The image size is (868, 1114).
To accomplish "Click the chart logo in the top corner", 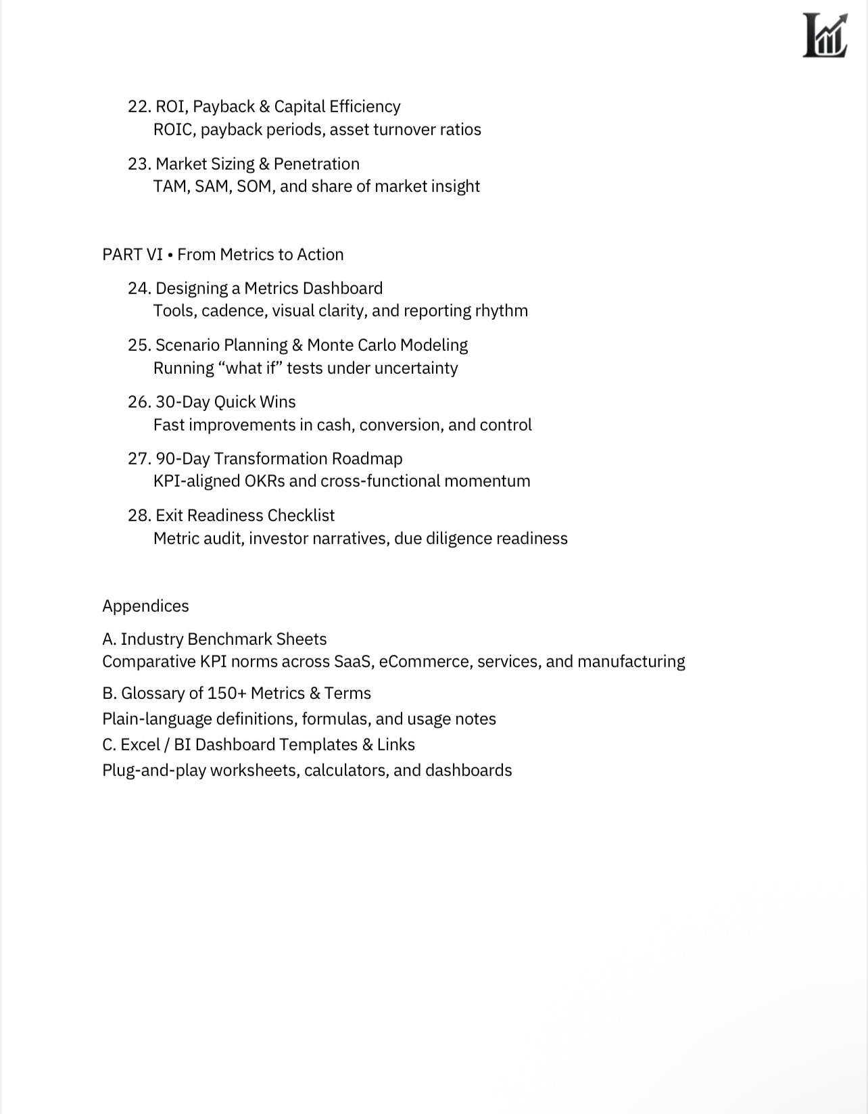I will pos(824,36).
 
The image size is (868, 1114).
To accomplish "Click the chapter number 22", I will pos(139,107).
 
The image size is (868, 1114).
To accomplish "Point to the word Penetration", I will pos(316,164).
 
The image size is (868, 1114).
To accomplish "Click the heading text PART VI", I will pos(132,255).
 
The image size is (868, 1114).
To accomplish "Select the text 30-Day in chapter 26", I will pos(183,402).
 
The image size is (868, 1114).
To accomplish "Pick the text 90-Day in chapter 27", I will pos(183,459).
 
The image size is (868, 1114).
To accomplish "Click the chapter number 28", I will pos(139,516).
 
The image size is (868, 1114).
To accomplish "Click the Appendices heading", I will pos(145,606).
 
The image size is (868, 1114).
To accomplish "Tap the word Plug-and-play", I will pos(153,771).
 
